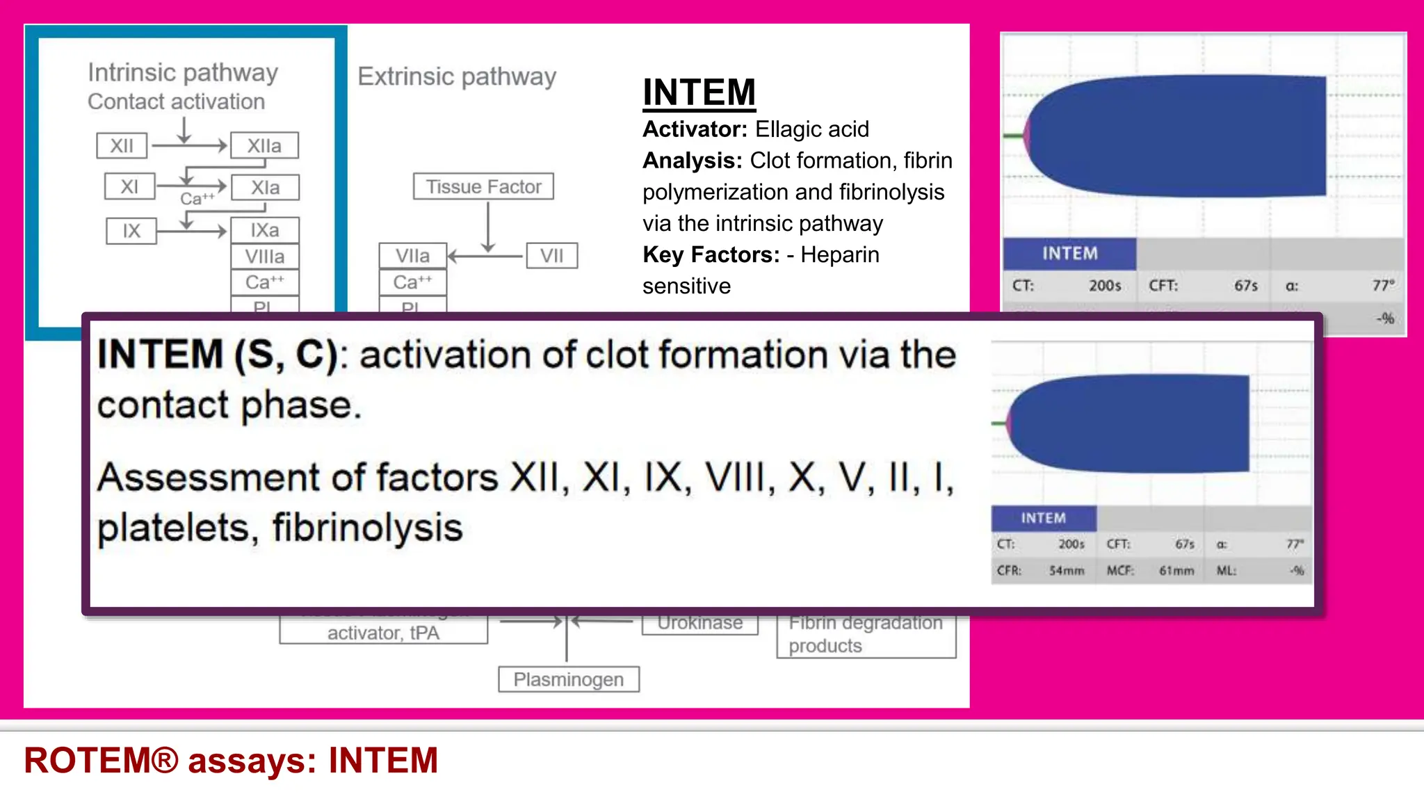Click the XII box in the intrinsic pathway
coord(122,146)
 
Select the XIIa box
coord(264,146)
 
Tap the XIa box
coord(265,188)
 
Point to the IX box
coord(131,231)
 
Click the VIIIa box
coord(265,257)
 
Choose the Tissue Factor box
coord(483,187)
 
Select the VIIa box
coord(412,256)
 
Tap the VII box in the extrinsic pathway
coord(552,256)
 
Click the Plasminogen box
coord(568,679)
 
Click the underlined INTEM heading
coord(699,92)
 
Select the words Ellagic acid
coord(812,129)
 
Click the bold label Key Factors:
coord(711,254)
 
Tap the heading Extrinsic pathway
coord(457,76)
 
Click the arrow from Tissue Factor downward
coord(488,226)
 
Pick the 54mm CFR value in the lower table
coord(1067,571)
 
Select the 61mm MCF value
coord(1176,571)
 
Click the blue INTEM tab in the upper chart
coord(1069,254)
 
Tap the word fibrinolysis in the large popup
coord(367,528)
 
